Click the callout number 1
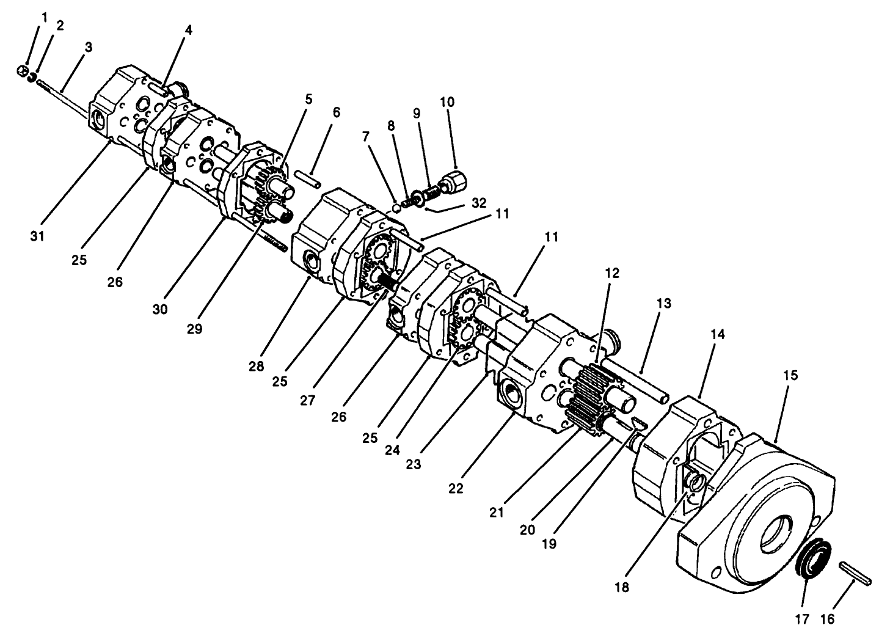(x=45, y=18)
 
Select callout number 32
(x=479, y=203)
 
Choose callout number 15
(x=790, y=376)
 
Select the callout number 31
(x=37, y=236)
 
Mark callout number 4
(x=189, y=30)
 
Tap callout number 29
(x=194, y=329)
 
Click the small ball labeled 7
(x=396, y=207)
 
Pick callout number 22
(x=456, y=488)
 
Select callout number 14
(x=718, y=334)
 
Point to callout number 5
(x=309, y=100)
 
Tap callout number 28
(x=256, y=367)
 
